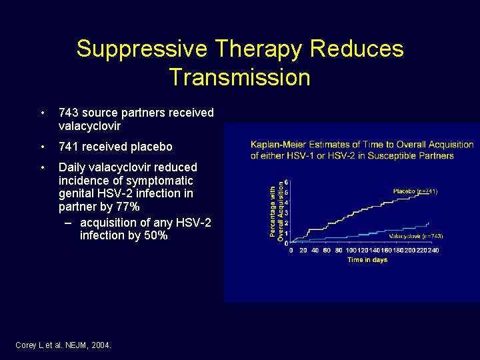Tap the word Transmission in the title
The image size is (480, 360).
click(x=240, y=77)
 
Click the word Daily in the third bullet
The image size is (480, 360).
click(x=73, y=167)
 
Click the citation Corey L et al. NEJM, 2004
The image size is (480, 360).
click(x=63, y=345)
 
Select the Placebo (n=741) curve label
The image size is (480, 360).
click(x=415, y=191)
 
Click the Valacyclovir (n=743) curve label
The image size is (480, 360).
click(x=416, y=236)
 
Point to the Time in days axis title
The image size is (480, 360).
click(x=367, y=260)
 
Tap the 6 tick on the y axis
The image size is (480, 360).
click(x=286, y=183)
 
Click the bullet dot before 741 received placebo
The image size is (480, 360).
click(x=43, y=147)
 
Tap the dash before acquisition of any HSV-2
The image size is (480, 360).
click(x=69, y=222)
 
